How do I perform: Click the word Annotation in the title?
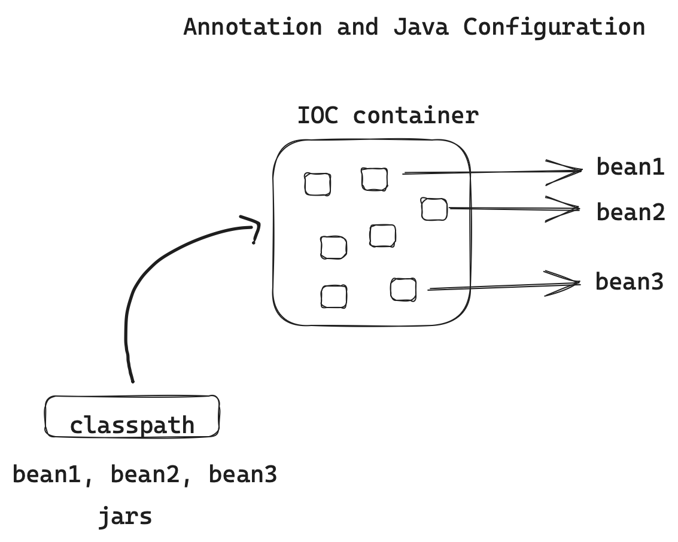pos(252,28)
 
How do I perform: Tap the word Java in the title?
pos(421,28)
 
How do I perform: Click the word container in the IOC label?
pos(415,115)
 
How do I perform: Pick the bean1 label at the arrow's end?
pos(630,167)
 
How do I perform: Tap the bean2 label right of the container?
pos(630,212)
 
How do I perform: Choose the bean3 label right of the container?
pos(629,281)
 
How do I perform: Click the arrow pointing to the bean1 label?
pos(491,172)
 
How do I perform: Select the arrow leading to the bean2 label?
pos(515,208)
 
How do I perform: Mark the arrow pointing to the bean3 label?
pos(503,287)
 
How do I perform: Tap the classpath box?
pos(132,416)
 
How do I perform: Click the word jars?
pos(125,516)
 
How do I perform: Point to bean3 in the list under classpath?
pos(242,475)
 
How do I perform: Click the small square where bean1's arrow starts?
pos(374,179)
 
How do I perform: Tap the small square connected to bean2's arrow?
pos(434,209)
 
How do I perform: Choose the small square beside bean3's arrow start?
pos(403,290)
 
